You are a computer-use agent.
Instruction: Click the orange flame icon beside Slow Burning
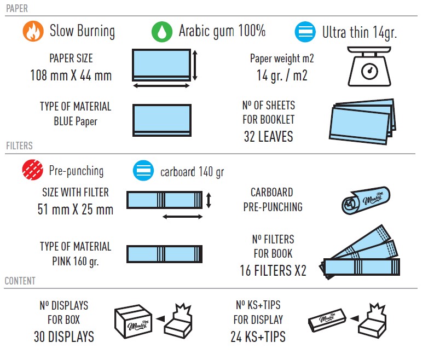coord(33,31)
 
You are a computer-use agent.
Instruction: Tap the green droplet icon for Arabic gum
coord(162,32)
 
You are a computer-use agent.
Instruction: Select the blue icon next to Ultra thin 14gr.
coord(305,32)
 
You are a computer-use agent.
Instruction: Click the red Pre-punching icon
coord(33,170)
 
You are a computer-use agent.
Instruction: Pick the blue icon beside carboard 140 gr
coord(143,171)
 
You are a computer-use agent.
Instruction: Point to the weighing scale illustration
coord(369,66)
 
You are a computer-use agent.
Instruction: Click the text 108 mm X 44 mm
coord(71,76)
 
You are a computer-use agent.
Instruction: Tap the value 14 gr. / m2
coord(282,76)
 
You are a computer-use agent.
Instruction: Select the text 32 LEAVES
coord(269,136)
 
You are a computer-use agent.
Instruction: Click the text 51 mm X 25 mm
coord(76,209)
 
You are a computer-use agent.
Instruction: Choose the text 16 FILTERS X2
coord(273,270)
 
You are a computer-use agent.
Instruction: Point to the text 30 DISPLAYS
coord(64,337)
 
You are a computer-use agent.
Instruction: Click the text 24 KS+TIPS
coord(258,337)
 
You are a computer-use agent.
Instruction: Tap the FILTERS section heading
coord(19,146)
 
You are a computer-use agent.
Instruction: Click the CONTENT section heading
coord(20,281)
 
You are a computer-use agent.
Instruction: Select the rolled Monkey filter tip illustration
coord(366,200)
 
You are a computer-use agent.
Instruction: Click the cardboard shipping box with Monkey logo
coord(134,322)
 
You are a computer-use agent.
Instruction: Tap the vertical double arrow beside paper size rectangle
coord(195,65)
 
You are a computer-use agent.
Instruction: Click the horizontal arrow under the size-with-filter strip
coord(183,217)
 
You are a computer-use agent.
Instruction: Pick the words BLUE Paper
coord(76,121)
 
